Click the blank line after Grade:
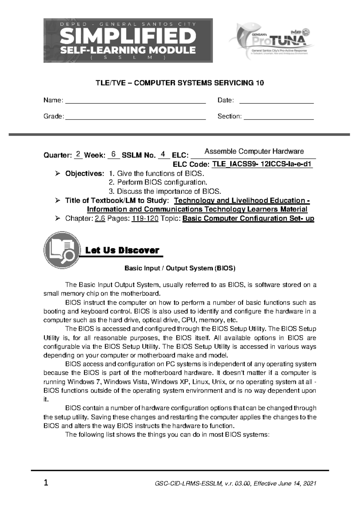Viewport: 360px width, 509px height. point(135,117)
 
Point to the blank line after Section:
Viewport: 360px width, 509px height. point(279,117)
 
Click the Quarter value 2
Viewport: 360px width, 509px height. point(78,154)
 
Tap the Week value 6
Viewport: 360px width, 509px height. point(113,154)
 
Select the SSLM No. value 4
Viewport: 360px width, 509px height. point(163,154)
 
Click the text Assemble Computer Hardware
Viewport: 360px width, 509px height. point(254,152)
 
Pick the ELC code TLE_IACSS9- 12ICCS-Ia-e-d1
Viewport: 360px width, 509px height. point(262,164)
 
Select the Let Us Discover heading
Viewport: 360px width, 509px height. point(122,250)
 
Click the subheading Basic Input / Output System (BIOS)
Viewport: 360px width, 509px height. point(180,268)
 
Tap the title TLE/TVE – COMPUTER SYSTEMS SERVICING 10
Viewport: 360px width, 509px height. point(179,83)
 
